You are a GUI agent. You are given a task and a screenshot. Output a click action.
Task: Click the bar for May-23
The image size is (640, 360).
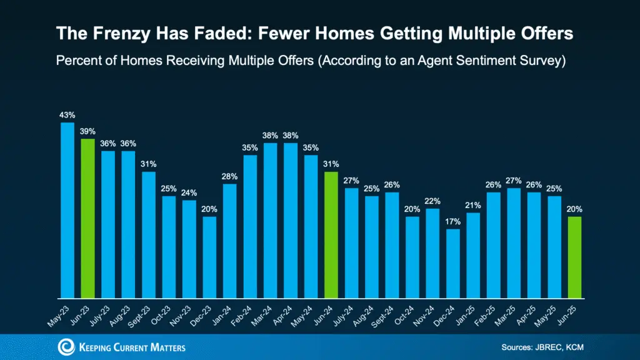[x=67, y=210]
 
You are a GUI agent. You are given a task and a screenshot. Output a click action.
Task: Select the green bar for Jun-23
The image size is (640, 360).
[x=87, y=218]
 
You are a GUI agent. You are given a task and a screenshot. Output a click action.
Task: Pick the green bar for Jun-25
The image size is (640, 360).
[x=574, y=257]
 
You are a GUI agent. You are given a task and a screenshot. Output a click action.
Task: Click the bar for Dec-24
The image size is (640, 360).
[x=453, y=263]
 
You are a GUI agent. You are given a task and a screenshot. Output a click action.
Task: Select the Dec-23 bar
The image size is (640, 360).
[x=209, y=257]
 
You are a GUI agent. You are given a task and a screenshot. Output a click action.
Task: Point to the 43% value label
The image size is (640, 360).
[x=67, y=115]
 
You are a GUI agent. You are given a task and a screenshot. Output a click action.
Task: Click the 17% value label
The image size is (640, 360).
[x=453, y=221]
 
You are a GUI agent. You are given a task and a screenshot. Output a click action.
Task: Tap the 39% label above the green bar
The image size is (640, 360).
[x=87, y=131]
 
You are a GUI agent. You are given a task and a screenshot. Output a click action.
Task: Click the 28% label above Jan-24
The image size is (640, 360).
[x=229, y=176]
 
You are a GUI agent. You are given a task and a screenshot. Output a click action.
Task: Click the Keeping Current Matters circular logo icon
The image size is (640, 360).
[x=66, y=347]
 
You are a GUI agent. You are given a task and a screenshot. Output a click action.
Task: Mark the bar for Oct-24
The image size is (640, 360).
[x=412, y=257]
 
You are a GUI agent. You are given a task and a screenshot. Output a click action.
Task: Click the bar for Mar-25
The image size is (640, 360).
[x=514, y=242]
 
